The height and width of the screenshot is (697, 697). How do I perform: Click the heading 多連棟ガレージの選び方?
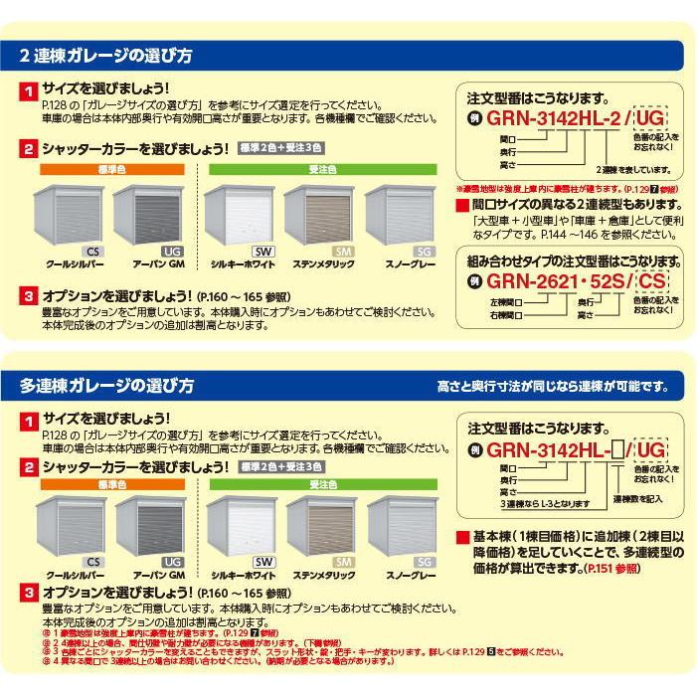point(105,385)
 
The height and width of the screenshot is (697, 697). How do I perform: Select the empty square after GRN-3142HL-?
point(617,450)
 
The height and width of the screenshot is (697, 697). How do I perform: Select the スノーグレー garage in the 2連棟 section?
point(400,214)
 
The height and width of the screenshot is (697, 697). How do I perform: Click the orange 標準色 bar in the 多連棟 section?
point(113,483)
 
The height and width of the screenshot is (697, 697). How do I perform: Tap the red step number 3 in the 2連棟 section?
point(29,296)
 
